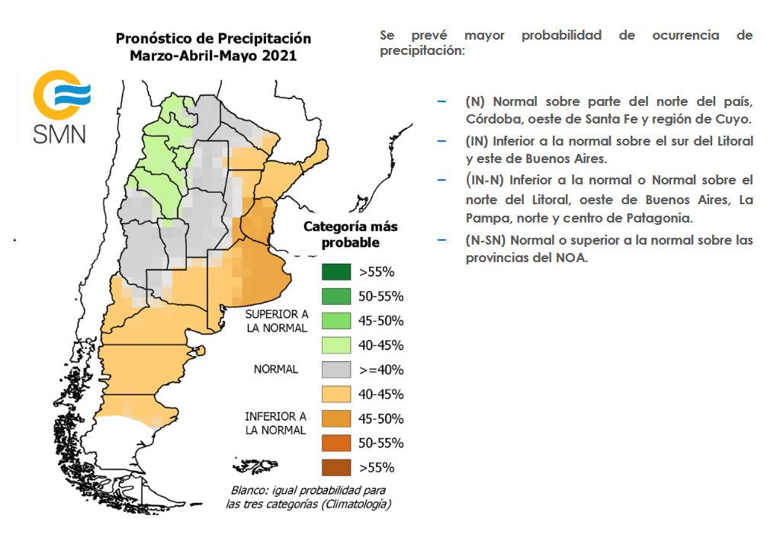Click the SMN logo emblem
[61, 94]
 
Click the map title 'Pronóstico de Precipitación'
[213, 39]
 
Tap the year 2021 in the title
[278, 56]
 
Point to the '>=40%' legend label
[380, 370]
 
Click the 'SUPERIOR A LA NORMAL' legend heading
[276, 321]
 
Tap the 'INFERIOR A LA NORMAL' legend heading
[275, 424]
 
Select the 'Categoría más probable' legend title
[350, 235]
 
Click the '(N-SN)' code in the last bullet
[486, 240]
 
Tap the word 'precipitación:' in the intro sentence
[422, 51]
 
